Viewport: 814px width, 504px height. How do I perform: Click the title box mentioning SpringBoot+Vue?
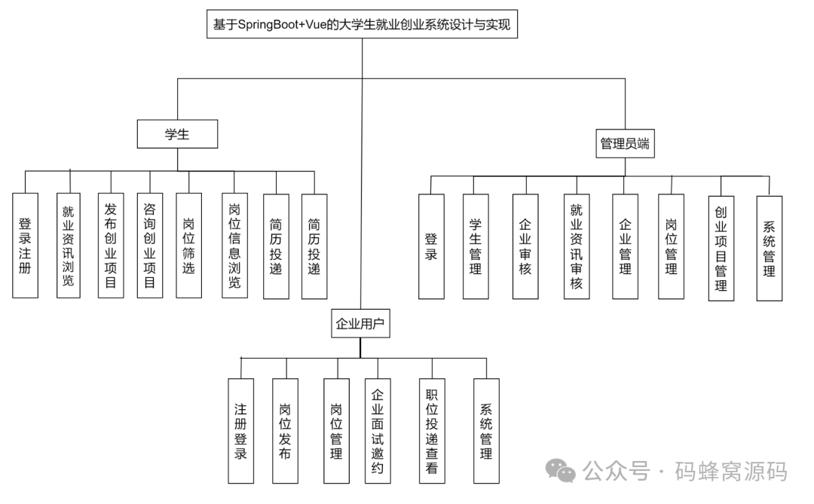[362, 24]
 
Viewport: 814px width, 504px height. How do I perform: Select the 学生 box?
[177, 134]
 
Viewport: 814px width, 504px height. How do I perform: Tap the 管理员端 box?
[625, 143]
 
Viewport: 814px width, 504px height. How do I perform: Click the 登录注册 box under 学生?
[25, 245]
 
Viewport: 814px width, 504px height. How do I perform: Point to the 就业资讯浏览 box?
[69, 245]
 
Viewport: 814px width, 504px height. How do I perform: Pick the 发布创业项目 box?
[111, 245]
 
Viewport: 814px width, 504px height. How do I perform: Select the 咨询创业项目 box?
[150, 245]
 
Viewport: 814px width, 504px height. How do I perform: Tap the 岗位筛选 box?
[188, 245]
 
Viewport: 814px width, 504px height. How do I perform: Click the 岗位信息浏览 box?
[234, 245]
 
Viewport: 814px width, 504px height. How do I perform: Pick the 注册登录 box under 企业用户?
[240, 431]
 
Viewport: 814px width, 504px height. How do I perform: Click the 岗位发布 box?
[285, 431]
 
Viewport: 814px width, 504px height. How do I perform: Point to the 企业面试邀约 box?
[378, 431]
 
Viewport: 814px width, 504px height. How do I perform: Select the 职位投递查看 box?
[431, 431]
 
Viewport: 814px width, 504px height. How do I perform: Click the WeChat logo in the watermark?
[561, 471]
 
